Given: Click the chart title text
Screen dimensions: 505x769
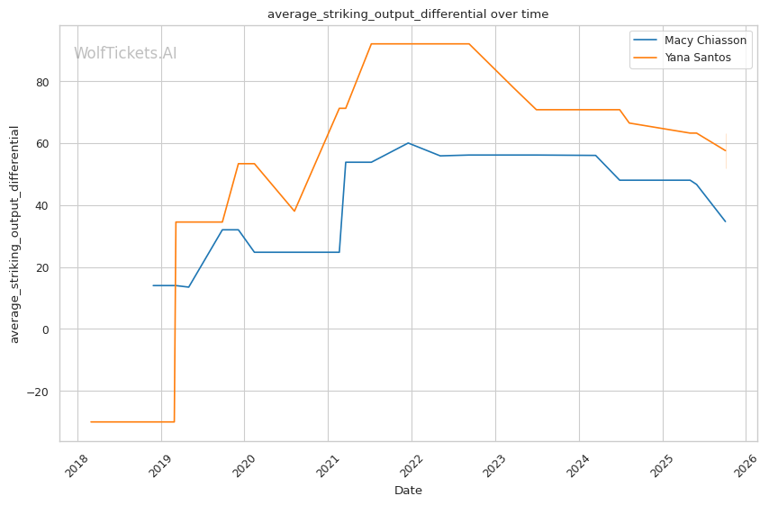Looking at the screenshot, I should point(408,14).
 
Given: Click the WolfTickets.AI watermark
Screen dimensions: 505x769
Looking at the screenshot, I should point(125,53).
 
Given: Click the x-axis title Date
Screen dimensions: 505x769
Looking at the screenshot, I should point(408,491).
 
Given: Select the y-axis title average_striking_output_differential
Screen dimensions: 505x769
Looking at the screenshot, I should point(14,233).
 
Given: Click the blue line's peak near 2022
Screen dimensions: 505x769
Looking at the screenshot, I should point(408,143).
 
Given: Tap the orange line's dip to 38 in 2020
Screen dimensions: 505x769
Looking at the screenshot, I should point(294,212).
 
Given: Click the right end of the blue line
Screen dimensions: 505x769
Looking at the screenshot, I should point(725,221).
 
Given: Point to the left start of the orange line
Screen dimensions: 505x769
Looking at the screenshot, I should point(91,421).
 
